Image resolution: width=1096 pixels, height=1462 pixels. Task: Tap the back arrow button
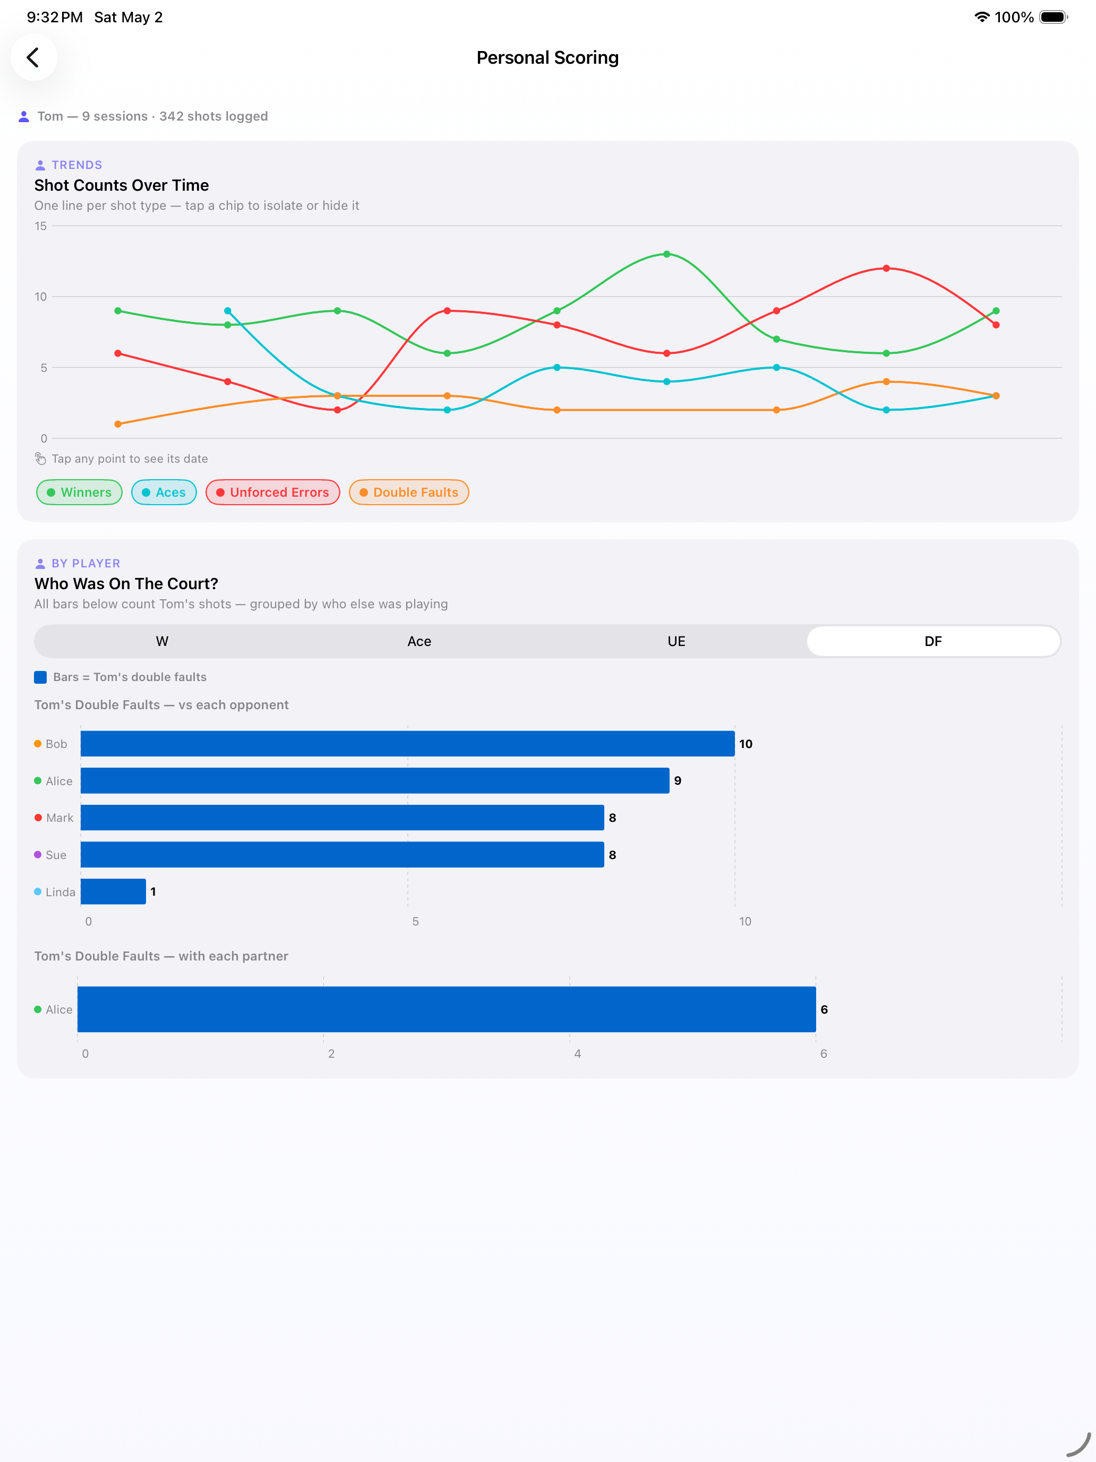click(x=33, y=57)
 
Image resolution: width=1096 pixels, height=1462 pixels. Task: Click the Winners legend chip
click(x=79, y=492)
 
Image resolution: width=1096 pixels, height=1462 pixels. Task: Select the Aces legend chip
click(x=164, y=492)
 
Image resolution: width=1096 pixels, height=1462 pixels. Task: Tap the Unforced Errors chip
click(x=273, y=492)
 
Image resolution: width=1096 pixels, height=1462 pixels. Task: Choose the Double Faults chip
click(x=409, y=492)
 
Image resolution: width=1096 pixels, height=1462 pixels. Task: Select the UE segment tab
click(x=676, y=641)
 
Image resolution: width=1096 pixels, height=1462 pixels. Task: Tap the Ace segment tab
click(x=419, y=641)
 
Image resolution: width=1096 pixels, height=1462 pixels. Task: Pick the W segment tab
click(x=162, y=641)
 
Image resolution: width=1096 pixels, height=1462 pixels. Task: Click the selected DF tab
click(x=933, y=641)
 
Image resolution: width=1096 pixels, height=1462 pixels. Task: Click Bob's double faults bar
click(x=408, y=744)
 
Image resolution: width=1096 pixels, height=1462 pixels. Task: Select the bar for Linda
click(x=113, y=891)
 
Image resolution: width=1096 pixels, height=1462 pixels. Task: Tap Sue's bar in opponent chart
click(x=342, y=855)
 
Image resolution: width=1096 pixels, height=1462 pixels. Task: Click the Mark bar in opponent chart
click(x=342, y=818)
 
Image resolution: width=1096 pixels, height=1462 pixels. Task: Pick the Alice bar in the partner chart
click(x=447, y=1009)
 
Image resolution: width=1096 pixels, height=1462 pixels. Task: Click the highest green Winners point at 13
click(x=666, y=254)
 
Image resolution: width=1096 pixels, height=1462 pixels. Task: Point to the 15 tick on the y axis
click(x=41, y=226)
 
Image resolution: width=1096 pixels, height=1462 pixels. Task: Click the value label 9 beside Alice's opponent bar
click(x=678, y=780)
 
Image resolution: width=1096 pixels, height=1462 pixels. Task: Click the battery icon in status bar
click(x=1053, y=17)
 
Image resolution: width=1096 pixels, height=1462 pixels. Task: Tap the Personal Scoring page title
click(x=547, y=57)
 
